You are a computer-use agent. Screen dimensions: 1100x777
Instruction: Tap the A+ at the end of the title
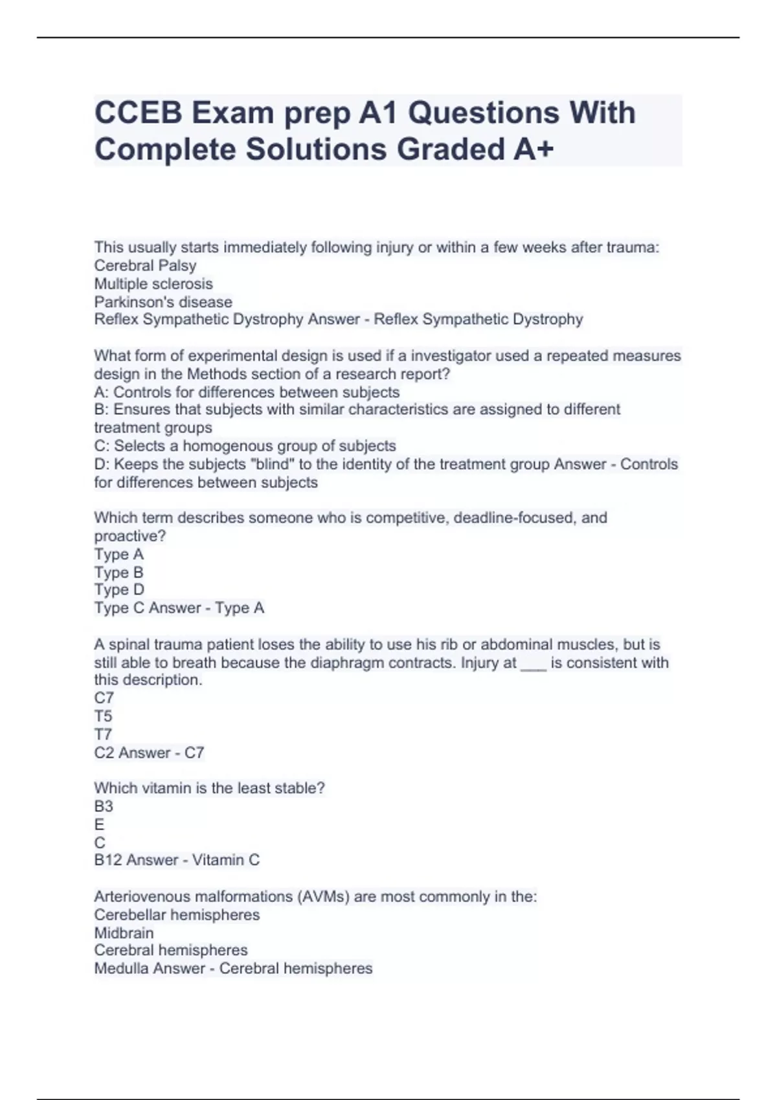[x=534, y=149]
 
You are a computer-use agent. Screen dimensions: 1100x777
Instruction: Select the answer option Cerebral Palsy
[x=145, y=265]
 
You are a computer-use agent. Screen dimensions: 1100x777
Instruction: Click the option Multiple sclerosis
[x=153, y=283]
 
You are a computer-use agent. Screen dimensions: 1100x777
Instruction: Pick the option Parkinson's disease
[x=163, y=302]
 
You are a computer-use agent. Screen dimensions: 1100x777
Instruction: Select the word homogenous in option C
[x=227, y=446]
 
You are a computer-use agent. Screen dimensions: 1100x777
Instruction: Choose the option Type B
[x=118, y=572]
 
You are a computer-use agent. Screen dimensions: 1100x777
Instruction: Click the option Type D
[x=119, y=589]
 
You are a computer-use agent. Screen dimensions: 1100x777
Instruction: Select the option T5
[x=103, y=716]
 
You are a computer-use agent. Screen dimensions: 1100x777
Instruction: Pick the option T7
[x=103, y=734]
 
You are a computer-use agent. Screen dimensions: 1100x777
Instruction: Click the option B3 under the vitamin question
[x=104, y=806]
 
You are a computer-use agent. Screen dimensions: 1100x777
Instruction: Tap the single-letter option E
[x=99, y=824]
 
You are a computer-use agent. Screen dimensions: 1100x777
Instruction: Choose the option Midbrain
[x=124, y=933]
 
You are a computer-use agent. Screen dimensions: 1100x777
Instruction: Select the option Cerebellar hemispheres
[x=177, y=915]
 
